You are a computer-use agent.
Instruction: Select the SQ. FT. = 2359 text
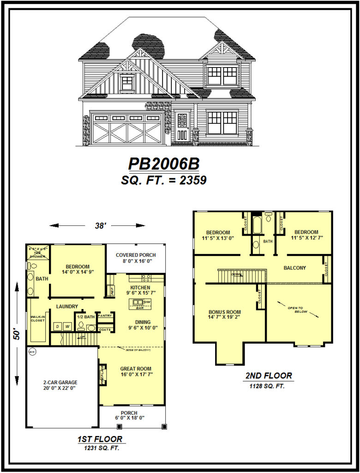coord(163,180)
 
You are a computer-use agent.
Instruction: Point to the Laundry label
coord(67,306)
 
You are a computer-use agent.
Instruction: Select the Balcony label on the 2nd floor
coord(294,267)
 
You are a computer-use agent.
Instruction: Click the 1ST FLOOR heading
coord(100,439)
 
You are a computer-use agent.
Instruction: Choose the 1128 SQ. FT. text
coord(268,386)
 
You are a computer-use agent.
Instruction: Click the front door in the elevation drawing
coord(182,127)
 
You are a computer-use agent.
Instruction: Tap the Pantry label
coord(105,316)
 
